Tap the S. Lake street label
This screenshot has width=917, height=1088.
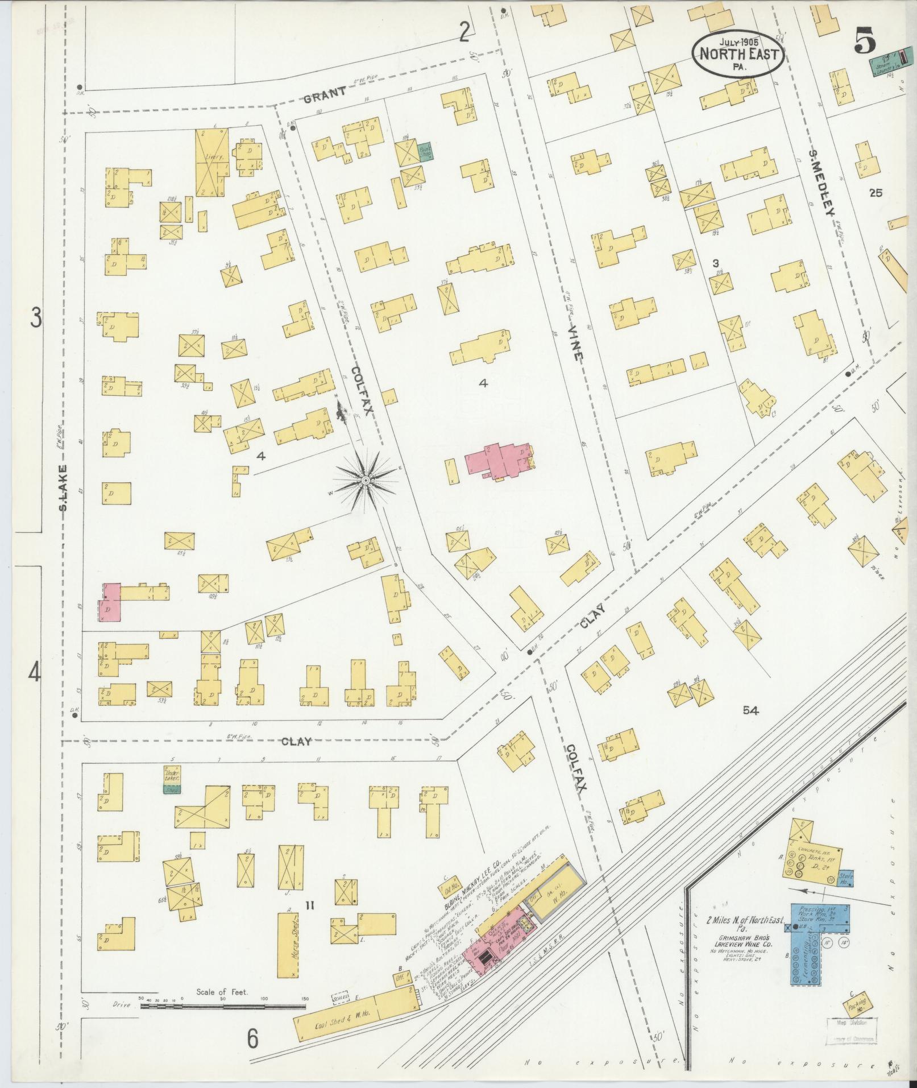pos(64,486)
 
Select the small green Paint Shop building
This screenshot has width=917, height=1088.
pos(425,151)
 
